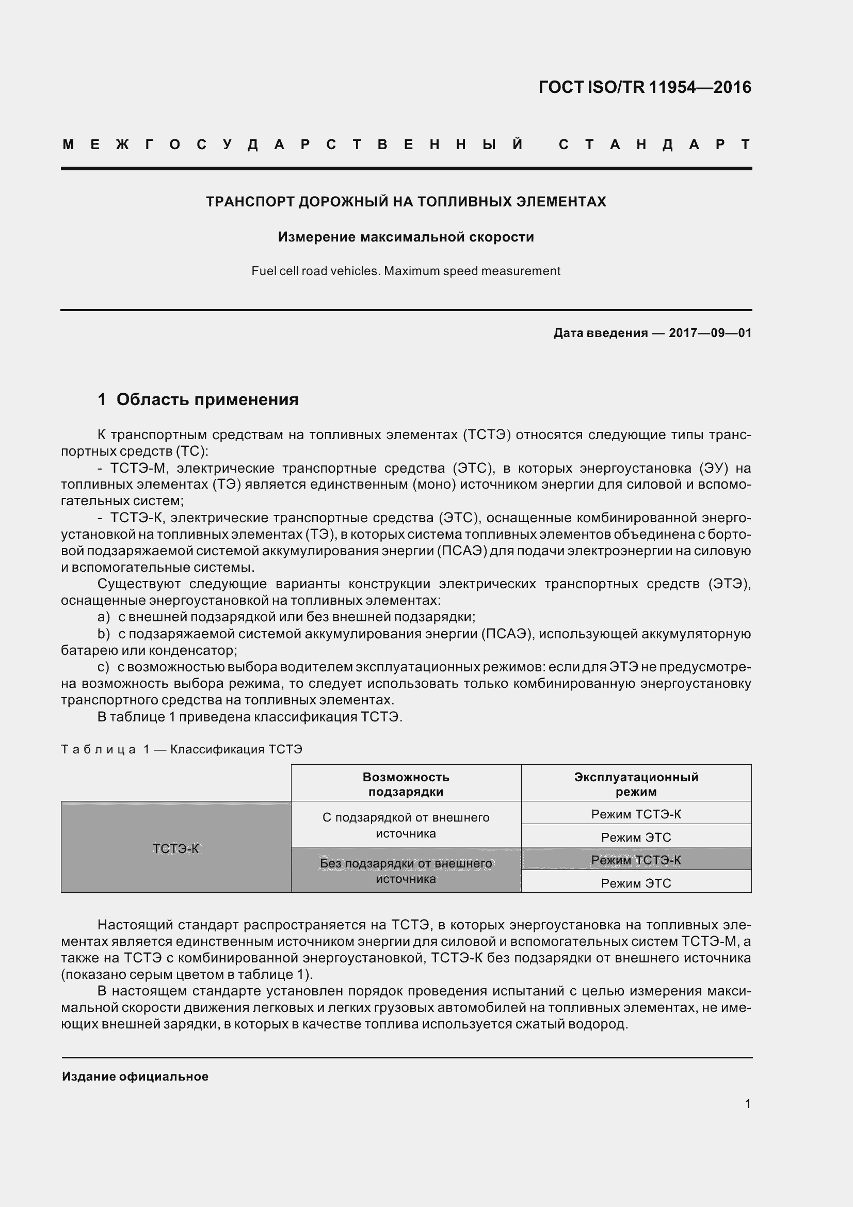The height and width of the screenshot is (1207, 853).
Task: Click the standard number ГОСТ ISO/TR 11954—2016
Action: coord(645,87)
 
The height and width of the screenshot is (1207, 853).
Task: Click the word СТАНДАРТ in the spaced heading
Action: coord(654,144)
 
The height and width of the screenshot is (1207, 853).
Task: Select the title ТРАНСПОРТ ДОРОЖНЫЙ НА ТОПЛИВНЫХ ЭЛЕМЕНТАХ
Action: coord(406,202)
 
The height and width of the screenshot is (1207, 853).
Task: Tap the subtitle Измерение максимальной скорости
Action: coord(406,237)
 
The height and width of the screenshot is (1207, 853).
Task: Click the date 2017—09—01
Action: coord(710,333)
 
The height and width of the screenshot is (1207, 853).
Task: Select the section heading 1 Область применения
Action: coord(198,399)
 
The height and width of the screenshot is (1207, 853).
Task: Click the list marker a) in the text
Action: coord(104,617)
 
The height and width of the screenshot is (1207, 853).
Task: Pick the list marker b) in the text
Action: coord(104,634)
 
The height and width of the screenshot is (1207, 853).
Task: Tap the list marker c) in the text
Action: coord(103,667)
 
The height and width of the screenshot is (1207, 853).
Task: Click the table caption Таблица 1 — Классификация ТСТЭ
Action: coord(182,749)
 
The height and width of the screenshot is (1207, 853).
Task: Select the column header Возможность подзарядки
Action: coord(406,784)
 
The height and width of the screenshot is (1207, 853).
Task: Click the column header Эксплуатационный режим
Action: coord(636,784)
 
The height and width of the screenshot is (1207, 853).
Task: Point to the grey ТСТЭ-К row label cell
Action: coord(176,848)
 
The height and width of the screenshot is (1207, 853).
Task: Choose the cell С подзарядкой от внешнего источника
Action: coord(406,825)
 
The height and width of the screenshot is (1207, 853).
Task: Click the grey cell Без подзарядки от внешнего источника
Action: coord(406,871)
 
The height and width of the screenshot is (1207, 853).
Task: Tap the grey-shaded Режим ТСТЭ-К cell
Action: coord(636,860)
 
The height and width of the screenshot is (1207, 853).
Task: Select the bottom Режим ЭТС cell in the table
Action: coord(636,883)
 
